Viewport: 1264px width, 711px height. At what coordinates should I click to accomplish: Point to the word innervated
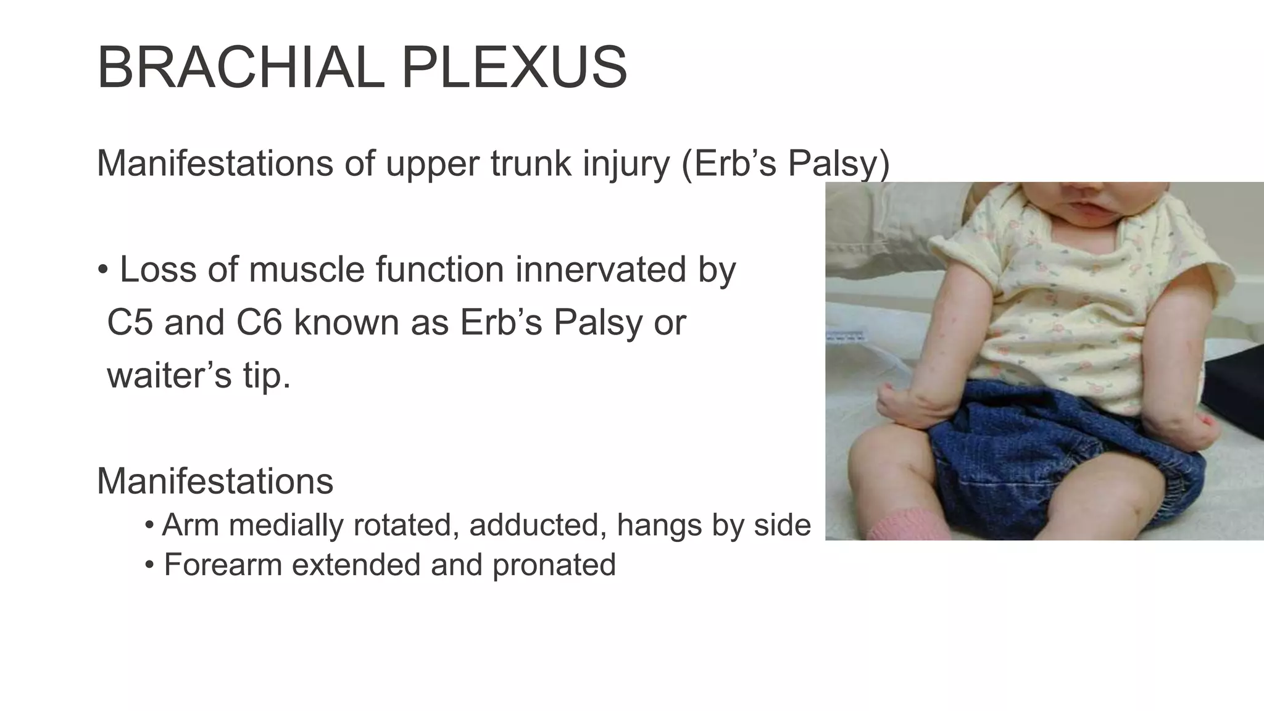[x=601, y=270]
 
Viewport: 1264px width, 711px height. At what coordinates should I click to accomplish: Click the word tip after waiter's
[x=266, y=376]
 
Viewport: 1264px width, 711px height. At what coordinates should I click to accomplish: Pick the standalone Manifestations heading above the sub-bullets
[x=215, y=481]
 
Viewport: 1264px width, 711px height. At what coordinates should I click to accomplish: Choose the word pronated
[x=554, y=565]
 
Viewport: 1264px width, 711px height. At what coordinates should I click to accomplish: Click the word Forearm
[x=223, y=565]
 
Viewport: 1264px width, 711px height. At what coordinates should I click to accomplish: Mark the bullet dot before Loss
[x=102, y=270]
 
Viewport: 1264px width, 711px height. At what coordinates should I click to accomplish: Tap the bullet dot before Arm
[x=149, y=526]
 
